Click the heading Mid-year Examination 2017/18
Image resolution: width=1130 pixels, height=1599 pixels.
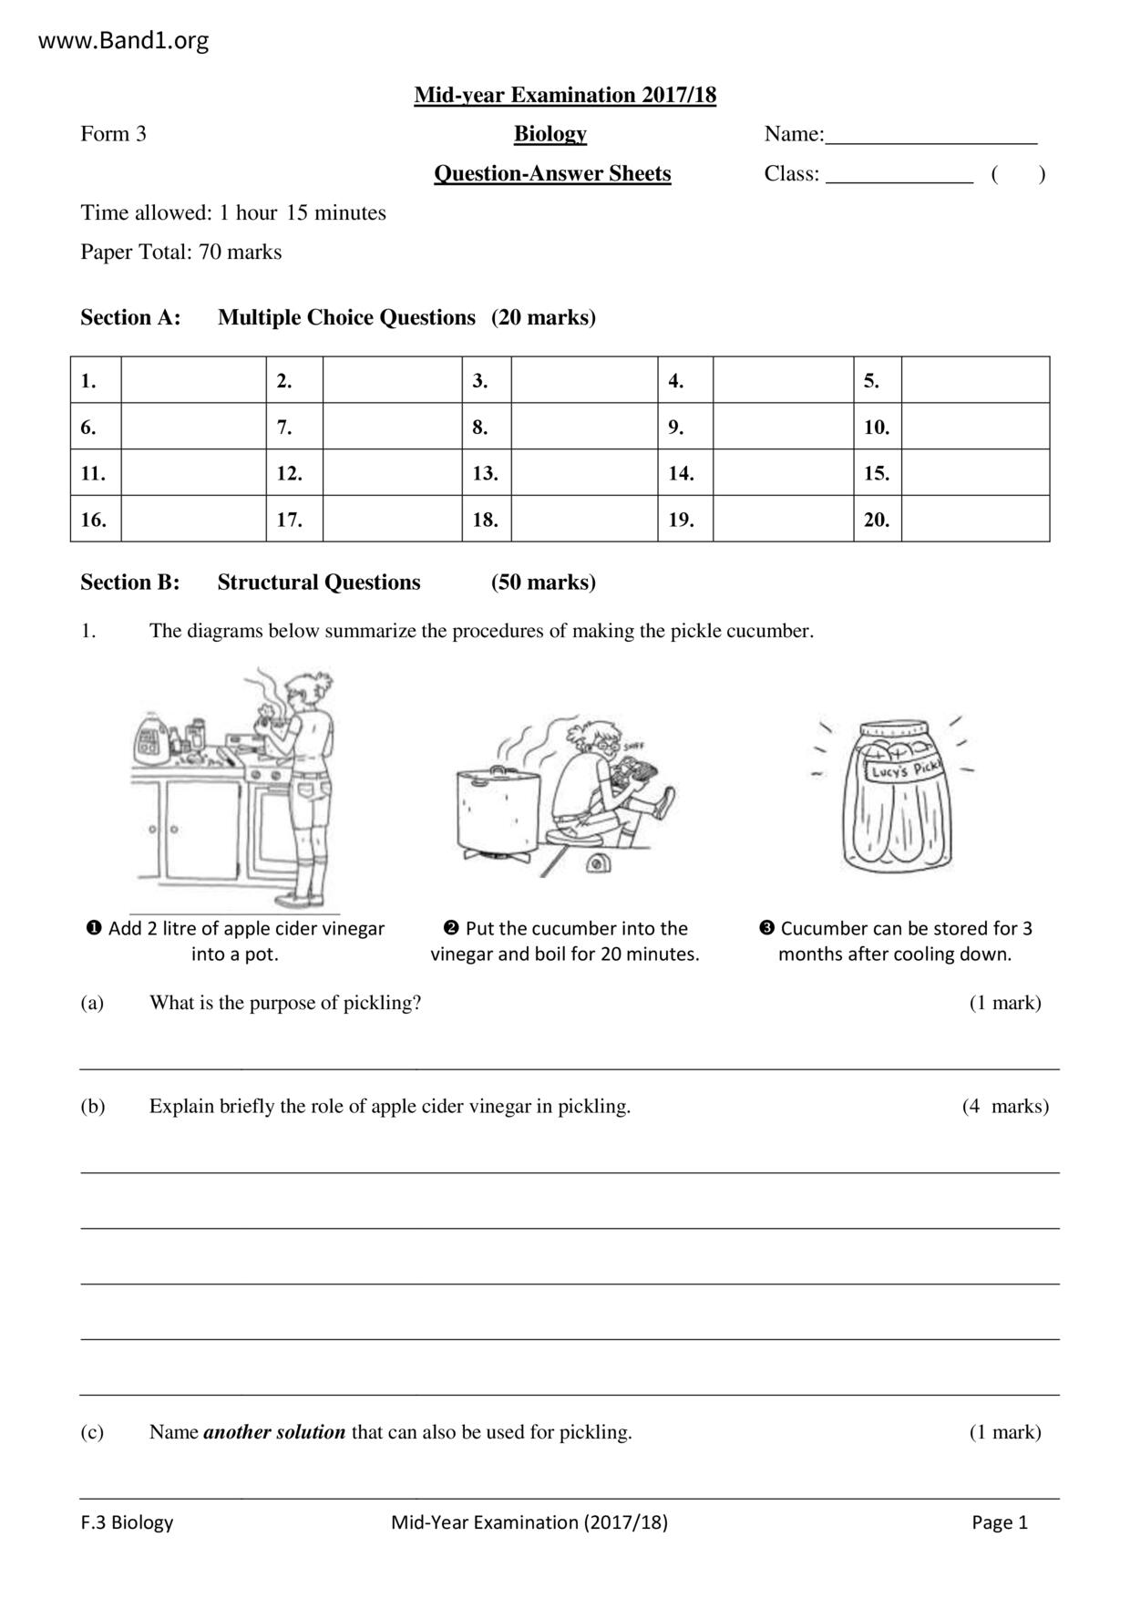point(565,95)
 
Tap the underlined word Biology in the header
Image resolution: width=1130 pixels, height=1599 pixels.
point(550,134)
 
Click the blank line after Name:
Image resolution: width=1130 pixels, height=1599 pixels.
point(930,137)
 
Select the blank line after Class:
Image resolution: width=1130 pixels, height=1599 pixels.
point(899,176)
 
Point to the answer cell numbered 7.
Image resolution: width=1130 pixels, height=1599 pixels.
point(392,427)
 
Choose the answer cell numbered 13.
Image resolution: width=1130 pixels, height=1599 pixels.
point(584,473)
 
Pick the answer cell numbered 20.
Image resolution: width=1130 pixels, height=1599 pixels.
point(975,520)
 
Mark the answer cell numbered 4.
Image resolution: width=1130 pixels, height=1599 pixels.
point(783,380)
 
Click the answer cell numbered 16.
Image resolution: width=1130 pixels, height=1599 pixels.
point(193,520)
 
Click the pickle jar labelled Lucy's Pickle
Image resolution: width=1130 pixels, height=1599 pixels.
point(897,795)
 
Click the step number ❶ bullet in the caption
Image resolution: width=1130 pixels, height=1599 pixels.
point(93,928)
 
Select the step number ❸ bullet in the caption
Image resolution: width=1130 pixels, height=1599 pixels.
point(766,928)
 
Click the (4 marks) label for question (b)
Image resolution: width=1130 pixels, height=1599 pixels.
point(1005,1106)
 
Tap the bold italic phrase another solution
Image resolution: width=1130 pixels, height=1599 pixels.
point(274,1432)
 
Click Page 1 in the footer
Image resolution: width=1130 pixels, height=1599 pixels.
point(999,1522)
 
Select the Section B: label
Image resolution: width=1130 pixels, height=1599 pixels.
point(130,583)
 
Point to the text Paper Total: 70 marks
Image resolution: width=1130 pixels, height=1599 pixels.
point(181,253)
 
